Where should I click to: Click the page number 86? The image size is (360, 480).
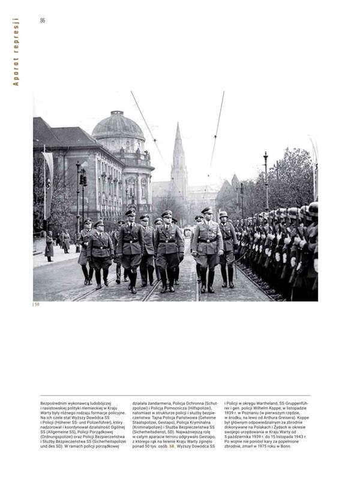click(x=43, y=20)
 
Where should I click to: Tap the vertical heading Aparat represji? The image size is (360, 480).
click(x=16, y=52)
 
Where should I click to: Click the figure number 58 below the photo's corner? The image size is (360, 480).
click(x=37, y=305)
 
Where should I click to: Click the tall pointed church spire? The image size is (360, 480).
click(x=179, y=156)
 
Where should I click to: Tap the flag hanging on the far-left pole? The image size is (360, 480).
click(x=47, y=180)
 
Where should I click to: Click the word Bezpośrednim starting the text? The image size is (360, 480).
click(x=55, y=403)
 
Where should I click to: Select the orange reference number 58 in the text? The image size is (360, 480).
click(x=172, y=446)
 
